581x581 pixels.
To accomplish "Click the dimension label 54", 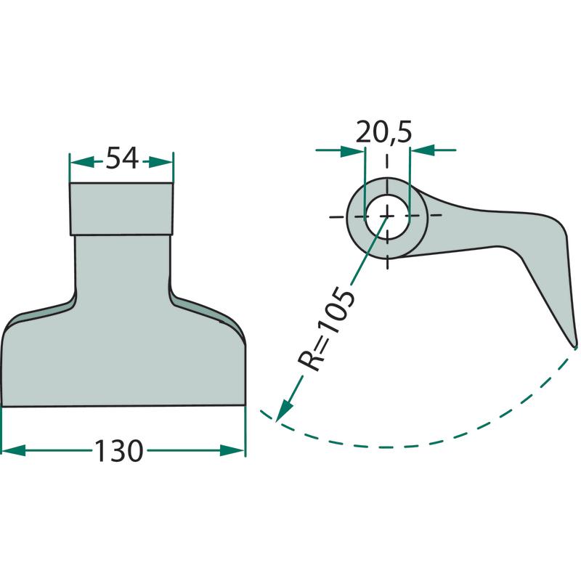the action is (122, 158).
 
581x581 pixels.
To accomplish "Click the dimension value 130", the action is (119, 450).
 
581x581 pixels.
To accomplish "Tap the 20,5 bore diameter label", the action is (383, 132).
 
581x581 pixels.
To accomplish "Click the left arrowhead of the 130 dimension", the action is (14, 450).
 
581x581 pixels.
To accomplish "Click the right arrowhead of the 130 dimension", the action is (232, 450).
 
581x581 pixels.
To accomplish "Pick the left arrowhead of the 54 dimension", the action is (82, 162).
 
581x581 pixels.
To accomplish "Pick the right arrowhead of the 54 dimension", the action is (161, 162).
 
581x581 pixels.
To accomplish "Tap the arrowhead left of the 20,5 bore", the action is (352, 151).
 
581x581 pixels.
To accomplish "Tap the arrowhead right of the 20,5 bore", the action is (422, 150).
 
